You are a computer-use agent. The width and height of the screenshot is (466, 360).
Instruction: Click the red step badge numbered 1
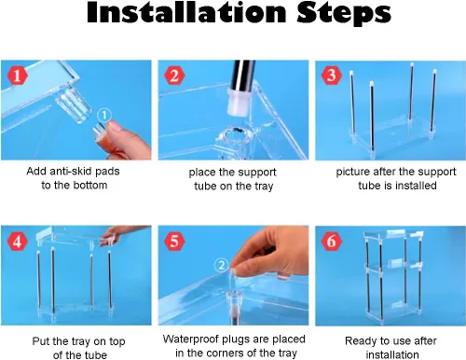tap(18, 76)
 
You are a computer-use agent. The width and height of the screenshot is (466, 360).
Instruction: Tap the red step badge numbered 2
tap(174, 76)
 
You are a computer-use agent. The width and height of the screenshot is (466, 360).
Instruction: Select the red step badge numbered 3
tap(332, 76)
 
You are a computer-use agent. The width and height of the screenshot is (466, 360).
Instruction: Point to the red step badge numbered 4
tap(18, 242)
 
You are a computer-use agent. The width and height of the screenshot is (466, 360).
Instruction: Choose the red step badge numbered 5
tap(174, 242)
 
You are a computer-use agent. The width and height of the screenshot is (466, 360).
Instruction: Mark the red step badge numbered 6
tap(332, 242)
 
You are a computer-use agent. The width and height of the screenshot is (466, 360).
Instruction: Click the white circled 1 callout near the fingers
tap(104, 115)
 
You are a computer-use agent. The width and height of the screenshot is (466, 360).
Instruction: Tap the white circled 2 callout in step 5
tap(222, 266)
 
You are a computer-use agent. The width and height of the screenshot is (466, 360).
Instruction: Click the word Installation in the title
tap(186, 13)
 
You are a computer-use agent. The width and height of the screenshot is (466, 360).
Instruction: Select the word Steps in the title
tap(344, 14)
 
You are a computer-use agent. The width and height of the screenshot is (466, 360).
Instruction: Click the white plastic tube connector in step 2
tap(239, 103)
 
